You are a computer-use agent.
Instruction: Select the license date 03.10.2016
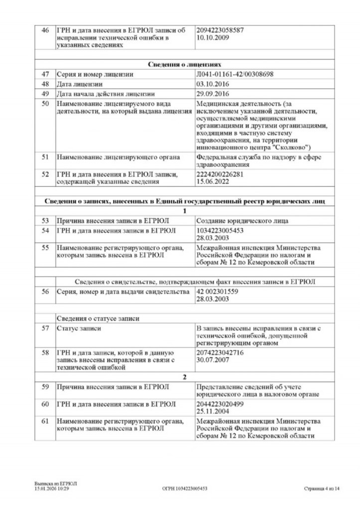[212, 84]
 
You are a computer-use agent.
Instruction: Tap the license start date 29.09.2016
[212, 94]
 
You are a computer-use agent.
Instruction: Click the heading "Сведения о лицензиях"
[184, 64]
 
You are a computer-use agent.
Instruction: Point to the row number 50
[45, 104]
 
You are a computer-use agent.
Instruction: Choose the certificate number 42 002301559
[217, 291]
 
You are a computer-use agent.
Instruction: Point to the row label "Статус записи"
[79, 328]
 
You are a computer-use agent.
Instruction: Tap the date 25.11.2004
[212, 411]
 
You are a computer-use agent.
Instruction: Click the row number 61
[45, 421]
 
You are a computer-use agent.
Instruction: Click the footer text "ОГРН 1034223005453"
[185, 489]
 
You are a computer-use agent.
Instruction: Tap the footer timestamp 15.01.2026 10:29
[52, 489]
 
